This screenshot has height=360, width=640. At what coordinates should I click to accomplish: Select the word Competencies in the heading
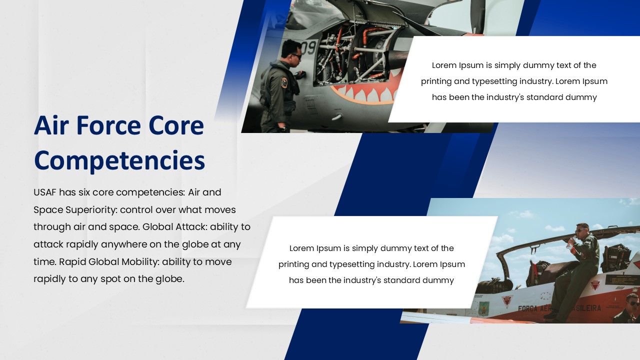[x=119, y=160]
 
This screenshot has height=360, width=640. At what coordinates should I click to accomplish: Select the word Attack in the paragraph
[x=191, y=227]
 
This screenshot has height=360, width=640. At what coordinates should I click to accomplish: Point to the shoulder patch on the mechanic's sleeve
[x=284, y=82]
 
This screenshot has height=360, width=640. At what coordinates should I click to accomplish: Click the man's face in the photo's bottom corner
[x=632, y=303]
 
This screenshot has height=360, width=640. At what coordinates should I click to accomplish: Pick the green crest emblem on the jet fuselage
[x=483, y=307]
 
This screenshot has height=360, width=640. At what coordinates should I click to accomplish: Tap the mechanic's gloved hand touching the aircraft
[x=299, y=75]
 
